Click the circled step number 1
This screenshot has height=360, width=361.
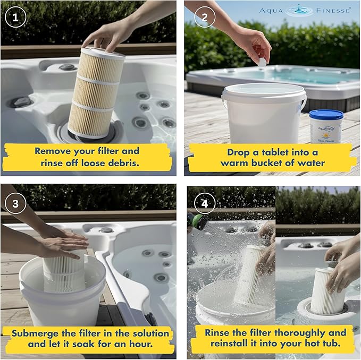[15, 17]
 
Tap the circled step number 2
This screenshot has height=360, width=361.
[205, 17]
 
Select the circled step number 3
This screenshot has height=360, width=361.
[15, 203]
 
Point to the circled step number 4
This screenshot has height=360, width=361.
[205, 203]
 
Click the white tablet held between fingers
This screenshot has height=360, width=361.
[262, 62]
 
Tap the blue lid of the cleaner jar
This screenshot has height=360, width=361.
[326, 114]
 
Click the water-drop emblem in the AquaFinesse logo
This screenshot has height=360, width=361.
[299, 11]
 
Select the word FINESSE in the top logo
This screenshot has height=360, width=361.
[333, 11]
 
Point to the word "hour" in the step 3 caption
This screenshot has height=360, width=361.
[141, 344]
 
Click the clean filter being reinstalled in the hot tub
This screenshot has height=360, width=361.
[327, 291]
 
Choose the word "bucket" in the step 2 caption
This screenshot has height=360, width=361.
[267, 163]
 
